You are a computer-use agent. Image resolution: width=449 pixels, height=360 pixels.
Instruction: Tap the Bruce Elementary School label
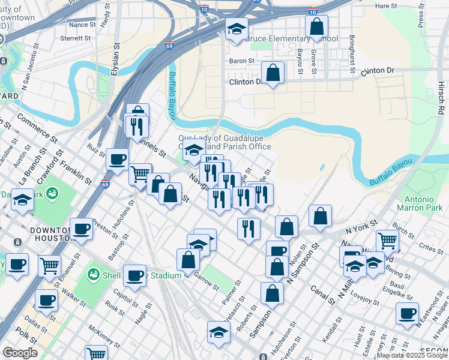coord(292,39)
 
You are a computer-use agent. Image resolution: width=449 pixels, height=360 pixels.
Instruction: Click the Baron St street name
coord(242,61)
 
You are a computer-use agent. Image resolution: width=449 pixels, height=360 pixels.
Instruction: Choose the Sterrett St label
coord(76,37)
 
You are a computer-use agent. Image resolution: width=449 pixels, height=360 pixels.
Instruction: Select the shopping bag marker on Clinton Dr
coord(273,73)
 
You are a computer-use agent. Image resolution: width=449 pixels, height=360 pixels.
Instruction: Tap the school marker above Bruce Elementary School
coord(237,28)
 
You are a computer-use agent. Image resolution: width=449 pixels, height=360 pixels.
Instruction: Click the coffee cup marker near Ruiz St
coord(118,159)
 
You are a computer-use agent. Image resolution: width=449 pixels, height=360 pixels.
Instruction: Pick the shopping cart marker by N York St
coord(388,240)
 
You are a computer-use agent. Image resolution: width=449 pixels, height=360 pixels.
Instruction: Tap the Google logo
coord(20,353)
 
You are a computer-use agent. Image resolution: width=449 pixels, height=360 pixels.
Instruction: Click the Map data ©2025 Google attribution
coord(412,355)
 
